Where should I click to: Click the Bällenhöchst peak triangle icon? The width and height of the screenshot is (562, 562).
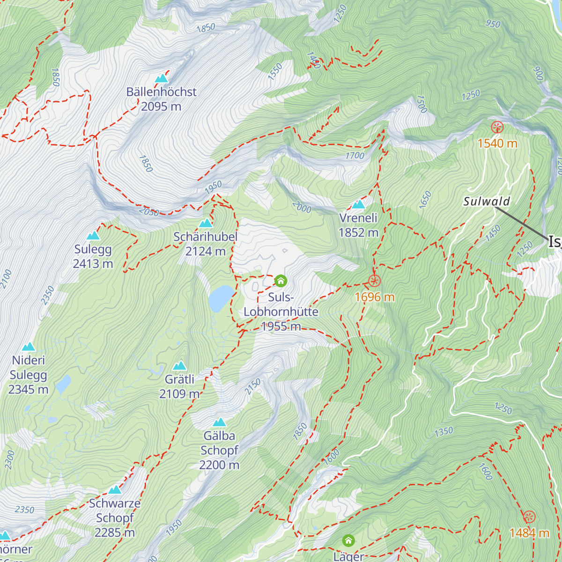pos(161,78)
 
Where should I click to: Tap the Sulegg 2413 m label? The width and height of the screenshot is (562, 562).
pos(93,257)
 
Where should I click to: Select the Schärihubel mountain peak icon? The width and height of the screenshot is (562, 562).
pos(206,223)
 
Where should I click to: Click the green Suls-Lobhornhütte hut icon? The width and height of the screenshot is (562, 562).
pos(280,281)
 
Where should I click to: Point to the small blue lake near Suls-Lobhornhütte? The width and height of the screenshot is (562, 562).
pos(221,299)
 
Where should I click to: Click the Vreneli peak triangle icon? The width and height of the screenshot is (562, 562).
pos(358,205)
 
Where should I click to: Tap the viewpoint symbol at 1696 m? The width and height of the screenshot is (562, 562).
pos(374,281)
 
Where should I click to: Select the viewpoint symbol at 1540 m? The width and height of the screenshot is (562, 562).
pos(497,127)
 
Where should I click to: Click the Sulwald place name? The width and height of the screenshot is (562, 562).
pos(487,201)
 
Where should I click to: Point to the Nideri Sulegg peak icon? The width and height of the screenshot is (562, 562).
pos(29,347)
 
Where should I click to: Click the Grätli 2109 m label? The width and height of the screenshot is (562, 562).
pos(180,386)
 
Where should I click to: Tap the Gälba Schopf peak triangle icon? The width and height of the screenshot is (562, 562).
pos(219,422)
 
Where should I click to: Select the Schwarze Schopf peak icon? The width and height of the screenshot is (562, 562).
pos(115,490)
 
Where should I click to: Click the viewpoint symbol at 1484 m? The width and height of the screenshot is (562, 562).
pos(529,517)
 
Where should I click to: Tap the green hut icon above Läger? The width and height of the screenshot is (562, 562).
pos(348,541)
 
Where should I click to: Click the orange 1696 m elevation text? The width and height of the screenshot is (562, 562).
pos(374,297)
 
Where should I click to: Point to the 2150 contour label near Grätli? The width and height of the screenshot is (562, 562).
pos(253,386)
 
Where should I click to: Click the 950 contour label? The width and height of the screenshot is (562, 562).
pos(493,23)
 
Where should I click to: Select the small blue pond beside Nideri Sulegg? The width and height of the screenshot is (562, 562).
pos(63,384)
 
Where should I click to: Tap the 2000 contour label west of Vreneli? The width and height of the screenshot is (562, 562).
pos(302,207)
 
